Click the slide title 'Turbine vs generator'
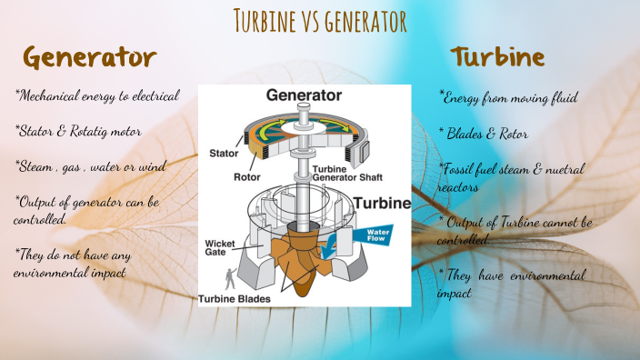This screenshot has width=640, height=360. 319,19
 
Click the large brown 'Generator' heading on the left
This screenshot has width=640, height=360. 90,57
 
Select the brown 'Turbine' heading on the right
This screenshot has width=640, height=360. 497,57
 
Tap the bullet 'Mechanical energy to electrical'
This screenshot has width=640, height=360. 97,95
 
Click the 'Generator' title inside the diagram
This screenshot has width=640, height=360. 304,95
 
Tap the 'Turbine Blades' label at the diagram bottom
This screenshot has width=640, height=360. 238,298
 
